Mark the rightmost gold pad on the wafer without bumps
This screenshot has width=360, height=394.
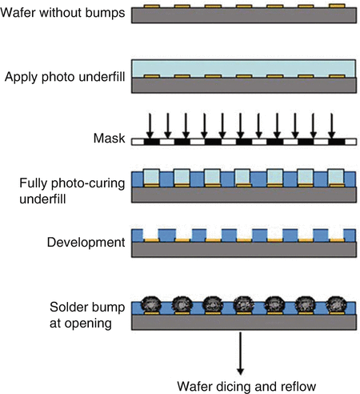pyautogui.click(x=337, y=6)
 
